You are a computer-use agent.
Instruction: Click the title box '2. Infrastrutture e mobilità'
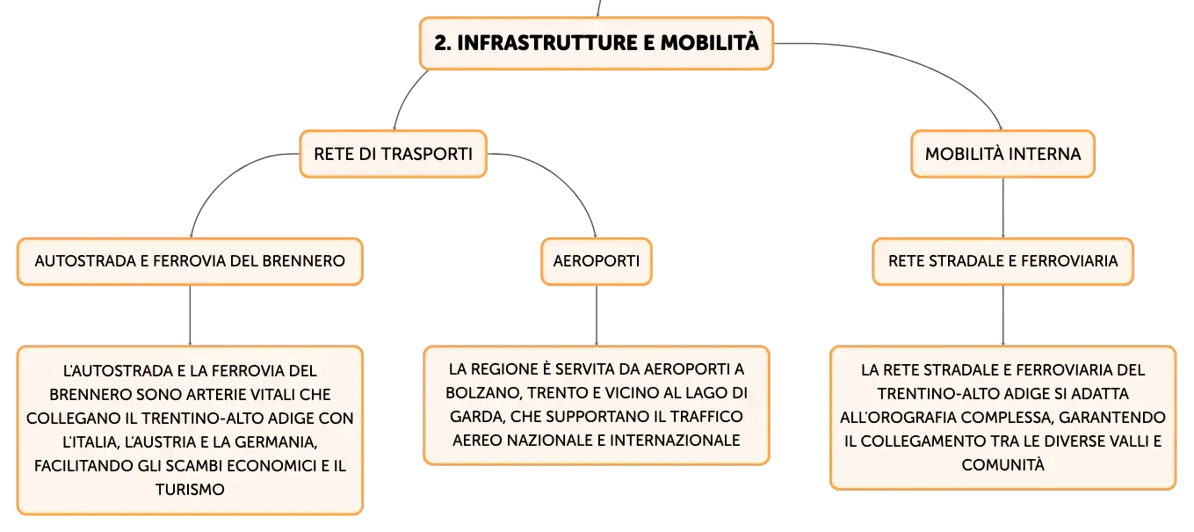(x=596, y=43)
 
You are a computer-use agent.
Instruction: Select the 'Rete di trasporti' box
(x=394, y=154)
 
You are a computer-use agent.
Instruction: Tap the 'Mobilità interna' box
(x=1002, y=154)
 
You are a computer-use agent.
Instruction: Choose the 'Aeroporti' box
(x=596, y=261)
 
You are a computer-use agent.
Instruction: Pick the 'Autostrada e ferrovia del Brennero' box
(x=190, y=261)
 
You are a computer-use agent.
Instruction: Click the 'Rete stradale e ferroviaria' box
(x=1002, y=261)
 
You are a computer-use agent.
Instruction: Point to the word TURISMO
(x=190, y=489)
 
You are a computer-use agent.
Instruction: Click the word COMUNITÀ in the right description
(x=1002, y=465)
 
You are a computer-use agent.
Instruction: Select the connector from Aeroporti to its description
(x=597, y=316)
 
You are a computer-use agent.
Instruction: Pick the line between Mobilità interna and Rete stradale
(x=1003, y=208)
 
